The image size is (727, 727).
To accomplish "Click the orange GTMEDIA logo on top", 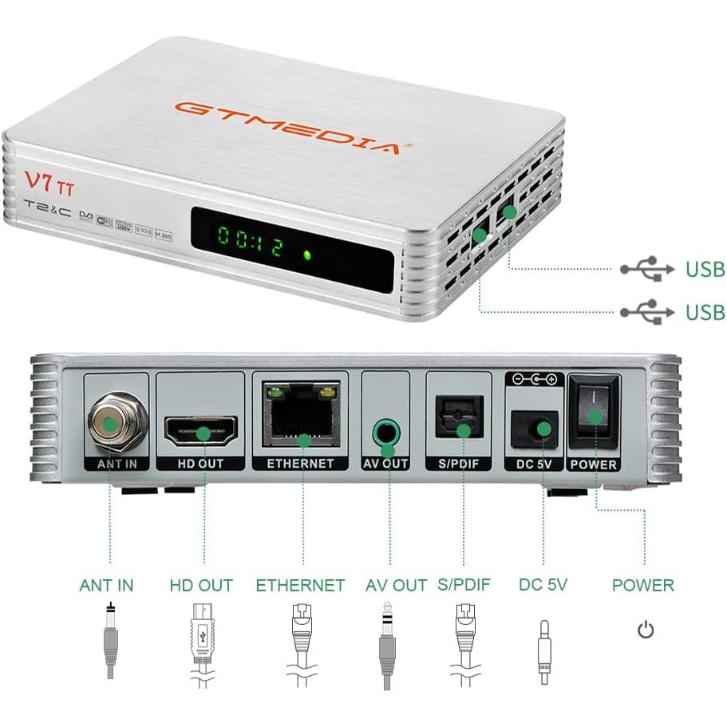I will tap(287, 128).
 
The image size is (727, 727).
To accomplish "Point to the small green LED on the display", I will tap(306, 255).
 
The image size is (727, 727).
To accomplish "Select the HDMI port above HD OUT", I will tap(202, 431).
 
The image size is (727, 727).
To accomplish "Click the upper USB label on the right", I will tap(705, 269).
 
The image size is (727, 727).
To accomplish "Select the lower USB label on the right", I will tap(705, 311).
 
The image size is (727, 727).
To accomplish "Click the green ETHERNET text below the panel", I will tap(300, 586).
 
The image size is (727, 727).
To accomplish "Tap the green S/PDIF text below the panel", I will tap(464, 586).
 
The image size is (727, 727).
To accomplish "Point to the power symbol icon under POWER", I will tap(645, 631).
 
